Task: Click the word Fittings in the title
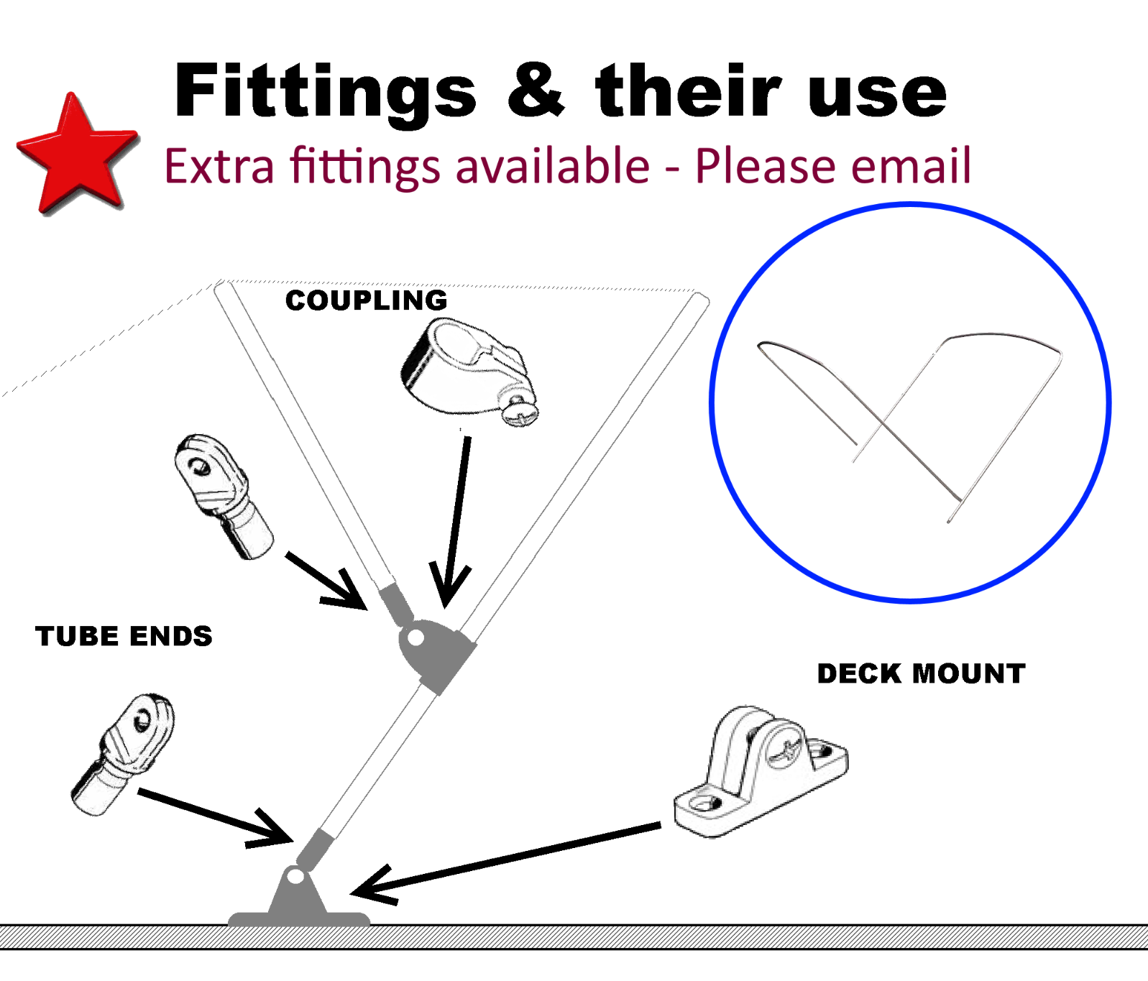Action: coord(325,92)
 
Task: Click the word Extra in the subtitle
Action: coord(219,167)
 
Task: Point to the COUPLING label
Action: coord(366,300)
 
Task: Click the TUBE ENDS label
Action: coord(124,636)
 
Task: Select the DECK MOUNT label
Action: coord(921,673)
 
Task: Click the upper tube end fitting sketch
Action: coord(223,496)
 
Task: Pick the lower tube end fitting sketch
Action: coord(123,755)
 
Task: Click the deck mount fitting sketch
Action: coord(761,771)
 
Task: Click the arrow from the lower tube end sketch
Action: coord(216,817)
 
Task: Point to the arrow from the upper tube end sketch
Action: coord(327,581)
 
